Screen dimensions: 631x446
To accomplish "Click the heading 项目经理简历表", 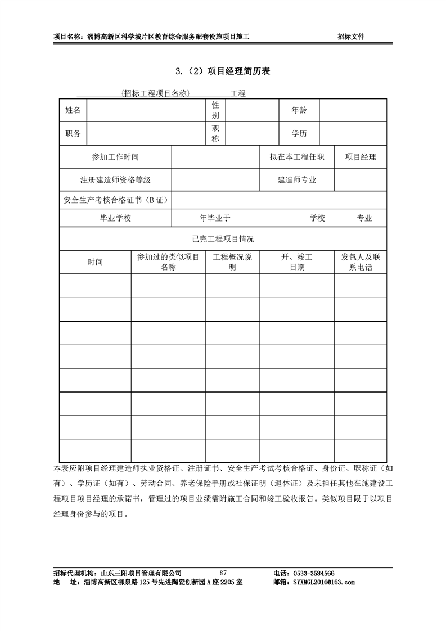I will click(223, 71).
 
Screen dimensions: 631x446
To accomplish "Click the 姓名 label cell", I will click(73, 110).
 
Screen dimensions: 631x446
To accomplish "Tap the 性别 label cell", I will click(215, 110).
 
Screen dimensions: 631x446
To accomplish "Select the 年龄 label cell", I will click(299, 110).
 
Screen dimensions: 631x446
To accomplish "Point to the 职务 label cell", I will click(73, 134).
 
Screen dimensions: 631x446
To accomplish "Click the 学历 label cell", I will click(299, 134).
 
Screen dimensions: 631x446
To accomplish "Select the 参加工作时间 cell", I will click(115, 157).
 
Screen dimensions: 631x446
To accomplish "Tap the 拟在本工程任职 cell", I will click(296, 157).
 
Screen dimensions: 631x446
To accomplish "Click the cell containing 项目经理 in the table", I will click(361, 157).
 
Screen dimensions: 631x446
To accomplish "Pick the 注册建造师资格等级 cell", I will click(115, 181).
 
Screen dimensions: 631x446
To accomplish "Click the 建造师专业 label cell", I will click(296, 181).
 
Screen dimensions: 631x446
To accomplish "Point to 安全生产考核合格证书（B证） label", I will click(116, 200).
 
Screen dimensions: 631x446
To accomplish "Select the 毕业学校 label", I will click(115, 218).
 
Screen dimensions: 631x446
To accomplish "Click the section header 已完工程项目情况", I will click(223, 239).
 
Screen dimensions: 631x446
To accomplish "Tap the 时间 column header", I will click(95, 262).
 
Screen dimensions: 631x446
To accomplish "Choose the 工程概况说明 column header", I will click(232, 262).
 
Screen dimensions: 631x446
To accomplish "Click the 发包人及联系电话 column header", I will click(361, 262).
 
